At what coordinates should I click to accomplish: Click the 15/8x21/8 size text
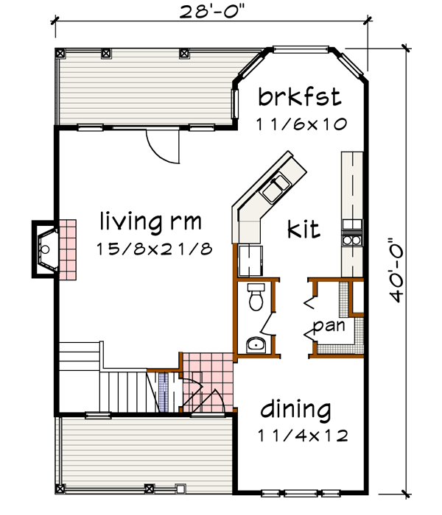click(154, 249)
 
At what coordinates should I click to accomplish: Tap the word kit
click(304, 230)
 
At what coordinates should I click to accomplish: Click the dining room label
click(295, 410)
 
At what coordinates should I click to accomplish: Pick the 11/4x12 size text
click(302, 435)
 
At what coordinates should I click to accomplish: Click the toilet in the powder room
click(256, 298)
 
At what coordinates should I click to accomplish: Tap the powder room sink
click(256, 344)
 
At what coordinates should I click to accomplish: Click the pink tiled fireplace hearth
click(68, 249)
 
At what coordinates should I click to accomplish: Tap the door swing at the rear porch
click(162, 146)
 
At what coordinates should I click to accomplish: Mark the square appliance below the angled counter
click(251, 259)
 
